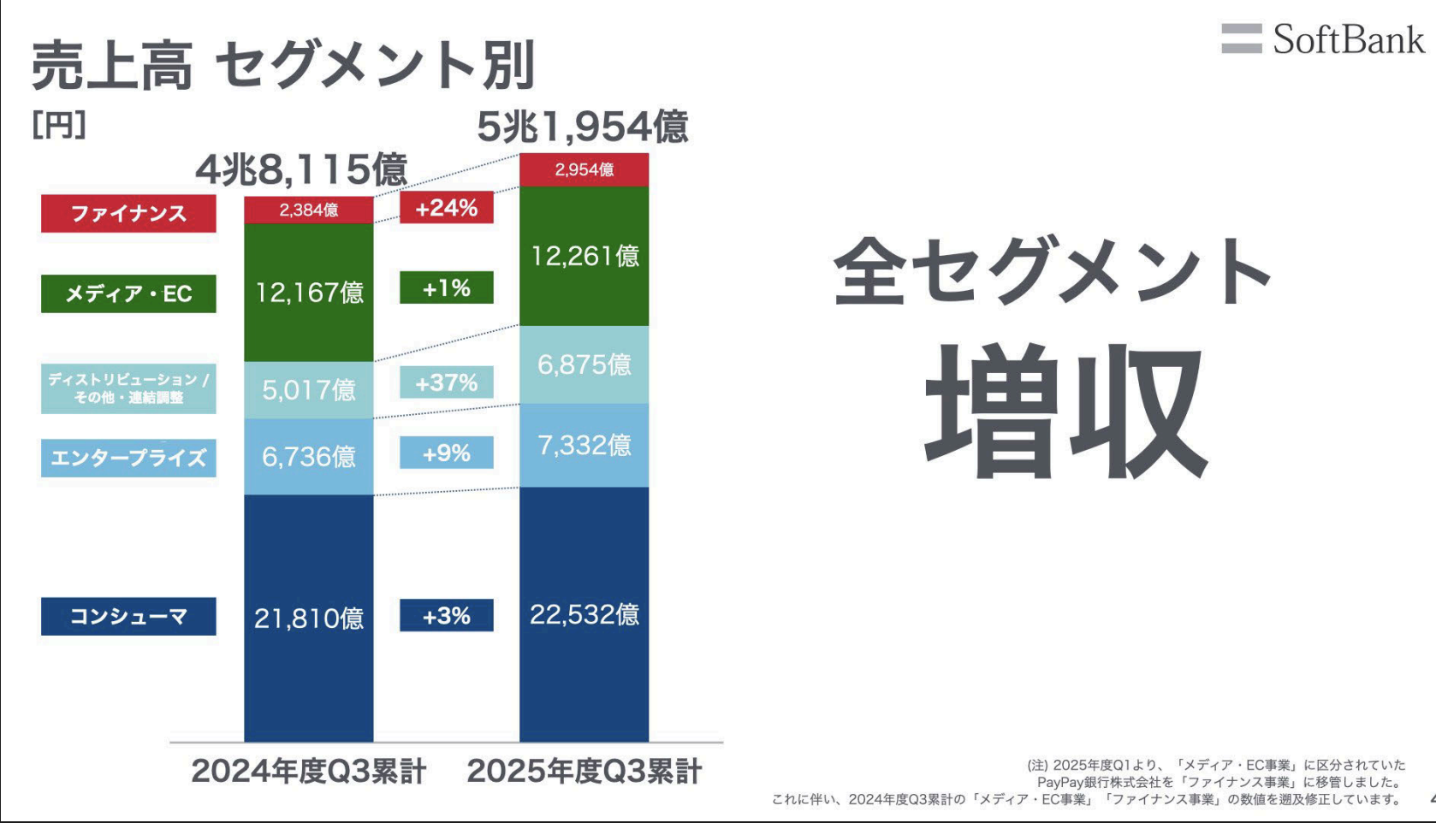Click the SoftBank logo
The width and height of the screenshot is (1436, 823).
(1323, 39)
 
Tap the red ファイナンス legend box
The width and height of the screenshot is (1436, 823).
(128, 213)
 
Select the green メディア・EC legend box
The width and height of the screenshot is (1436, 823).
(128, 293)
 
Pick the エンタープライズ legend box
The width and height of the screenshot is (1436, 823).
(128, 458)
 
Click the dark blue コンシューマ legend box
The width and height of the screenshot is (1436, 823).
(128, 616)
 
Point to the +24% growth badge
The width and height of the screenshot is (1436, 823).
(446, 208)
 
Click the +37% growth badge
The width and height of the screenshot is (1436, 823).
(446, 382)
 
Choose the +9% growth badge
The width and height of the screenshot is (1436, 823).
(446, 453)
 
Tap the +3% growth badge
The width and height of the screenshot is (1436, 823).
(446, 615)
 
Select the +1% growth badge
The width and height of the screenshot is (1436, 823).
(446, 288)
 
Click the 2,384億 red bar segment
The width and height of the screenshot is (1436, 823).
(308, 210)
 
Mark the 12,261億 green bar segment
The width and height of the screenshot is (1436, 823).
(584, 256)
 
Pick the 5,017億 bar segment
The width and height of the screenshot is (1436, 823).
(308, 390)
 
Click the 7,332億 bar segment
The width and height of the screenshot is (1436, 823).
(584, 445)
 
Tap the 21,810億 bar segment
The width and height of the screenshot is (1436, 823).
(308, 618)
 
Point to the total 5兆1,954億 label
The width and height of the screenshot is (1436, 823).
(582, 127)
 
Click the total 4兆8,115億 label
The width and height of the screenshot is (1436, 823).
(301, 169)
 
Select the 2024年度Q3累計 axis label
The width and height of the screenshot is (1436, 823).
(308, 771)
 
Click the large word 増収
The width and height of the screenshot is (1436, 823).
(1066, 411)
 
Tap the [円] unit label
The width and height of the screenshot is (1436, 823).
(58, 126)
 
